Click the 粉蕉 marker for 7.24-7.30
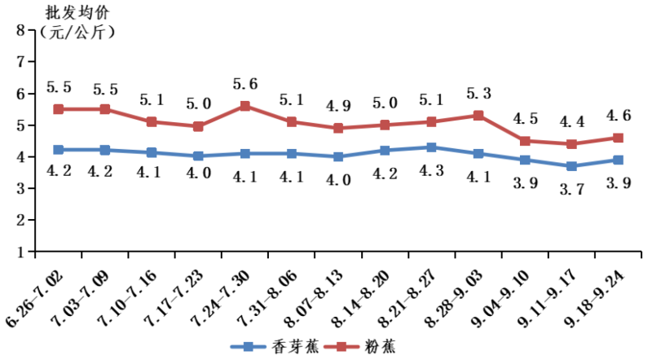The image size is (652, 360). click(x=245, y=106)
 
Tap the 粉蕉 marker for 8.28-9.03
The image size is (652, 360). click(x=478, y=116)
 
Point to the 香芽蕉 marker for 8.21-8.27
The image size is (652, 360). click(x=432, y=147)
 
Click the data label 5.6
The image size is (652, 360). click(x=245, y=84)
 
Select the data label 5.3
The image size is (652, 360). click(x=478, y=93)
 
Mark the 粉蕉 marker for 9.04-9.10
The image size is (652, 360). click(x=525, y=141)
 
